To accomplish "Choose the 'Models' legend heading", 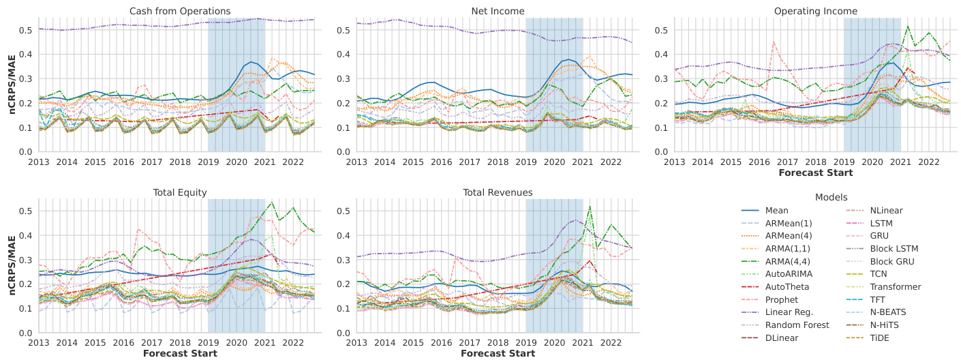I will (832, 197).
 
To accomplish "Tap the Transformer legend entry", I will (895, 287).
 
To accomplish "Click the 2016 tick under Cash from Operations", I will (123, 162).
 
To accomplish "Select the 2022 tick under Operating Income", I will (928, 162).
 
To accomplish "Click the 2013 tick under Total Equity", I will (38, 343).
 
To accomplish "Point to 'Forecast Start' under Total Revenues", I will (498, 353).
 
